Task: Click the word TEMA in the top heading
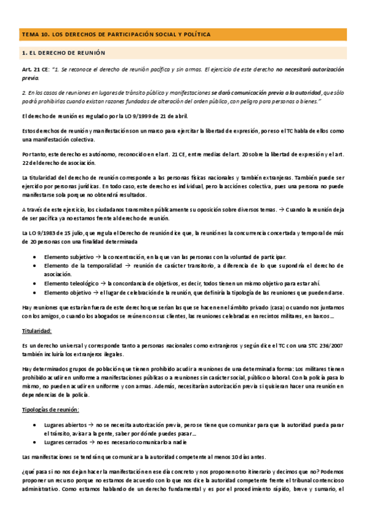(29, 34)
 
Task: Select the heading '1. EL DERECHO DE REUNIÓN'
(63, 53)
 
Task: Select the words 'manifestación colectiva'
(59, 139)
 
